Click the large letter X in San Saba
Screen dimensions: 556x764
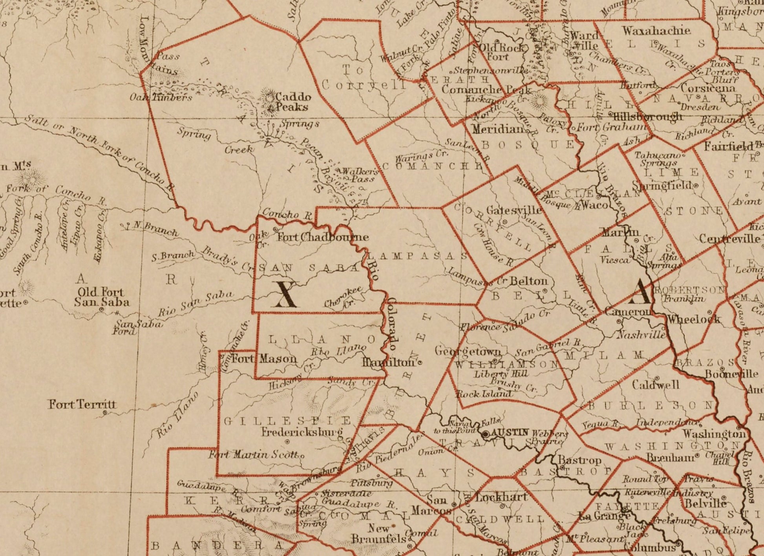click(x=285, y=294)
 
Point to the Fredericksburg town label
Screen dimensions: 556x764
click(x=302, y=432)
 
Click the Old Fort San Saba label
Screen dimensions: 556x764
click(x=101, y=297)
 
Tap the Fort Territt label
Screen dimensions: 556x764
click(x=82, y=404)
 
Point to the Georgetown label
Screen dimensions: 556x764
click(x=467, y=351)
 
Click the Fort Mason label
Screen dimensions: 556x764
click(x=264, y=358)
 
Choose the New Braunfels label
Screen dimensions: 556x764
click(x=378, y=534)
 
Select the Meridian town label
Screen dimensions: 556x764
click(x=498, y=129)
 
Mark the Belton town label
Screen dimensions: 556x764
click(x=528, y=281)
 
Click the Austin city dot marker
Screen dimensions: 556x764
click(x=486, y=434)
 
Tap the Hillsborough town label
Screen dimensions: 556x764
click(x=647, y=117)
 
